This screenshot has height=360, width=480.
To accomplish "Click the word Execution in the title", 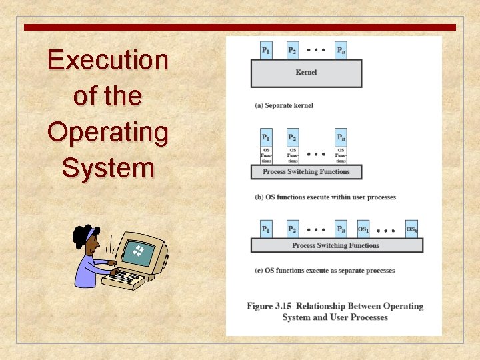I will click(x=107, y=60).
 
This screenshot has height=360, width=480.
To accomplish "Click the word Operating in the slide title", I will click(x=107, y=132).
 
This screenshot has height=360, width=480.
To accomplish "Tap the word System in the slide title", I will click(x=107, y=167).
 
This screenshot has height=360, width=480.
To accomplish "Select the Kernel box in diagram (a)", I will click(x=306, y=73).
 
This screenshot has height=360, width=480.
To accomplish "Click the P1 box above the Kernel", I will click(x=266, y=50).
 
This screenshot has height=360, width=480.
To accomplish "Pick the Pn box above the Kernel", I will click(x=341, y=50).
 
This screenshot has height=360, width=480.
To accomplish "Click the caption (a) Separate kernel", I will click(x=284, y=105).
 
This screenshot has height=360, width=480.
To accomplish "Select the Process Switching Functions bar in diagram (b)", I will click(x=306, y=172).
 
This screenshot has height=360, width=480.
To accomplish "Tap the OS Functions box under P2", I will click(x=293, y=155).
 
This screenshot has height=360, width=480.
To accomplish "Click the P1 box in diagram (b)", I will click(x=266, y=137).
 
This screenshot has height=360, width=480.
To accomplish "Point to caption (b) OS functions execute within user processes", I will click(x=325, y=197).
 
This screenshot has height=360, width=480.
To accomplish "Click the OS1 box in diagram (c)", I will click(x=363, y=229).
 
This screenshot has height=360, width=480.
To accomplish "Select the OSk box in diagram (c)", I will click(x=412, y=229).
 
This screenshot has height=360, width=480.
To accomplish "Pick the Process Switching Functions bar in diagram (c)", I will click(x=336, y=245).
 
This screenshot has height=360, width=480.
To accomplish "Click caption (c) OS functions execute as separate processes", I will click(x=325, y=271).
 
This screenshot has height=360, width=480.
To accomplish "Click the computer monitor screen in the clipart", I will click(x=139, y=253).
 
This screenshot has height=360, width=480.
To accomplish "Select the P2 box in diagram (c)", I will click(x=293, y=229).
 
